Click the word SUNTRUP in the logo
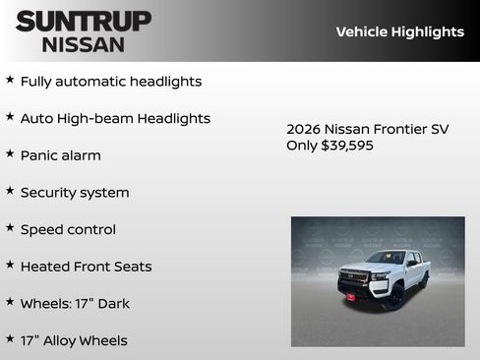[83, 21]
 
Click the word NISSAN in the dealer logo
[83, 43]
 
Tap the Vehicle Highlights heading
[399, 31]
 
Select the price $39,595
[347, 146]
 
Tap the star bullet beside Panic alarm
[10, 153]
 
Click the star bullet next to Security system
[10, 191]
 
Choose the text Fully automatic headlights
[110, 82]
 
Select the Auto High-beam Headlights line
[115, 119]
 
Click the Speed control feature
[68, 229]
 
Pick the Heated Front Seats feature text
[86, 267]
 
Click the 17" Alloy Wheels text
[74, 340]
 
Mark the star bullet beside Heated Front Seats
[10, 265]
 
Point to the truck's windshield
[387, 258]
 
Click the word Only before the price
[302, 146]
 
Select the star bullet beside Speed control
[10, 227]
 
